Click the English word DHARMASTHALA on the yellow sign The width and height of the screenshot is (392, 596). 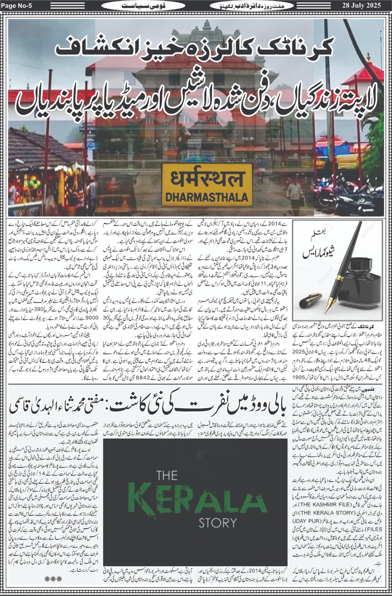[x=205, y=196]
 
